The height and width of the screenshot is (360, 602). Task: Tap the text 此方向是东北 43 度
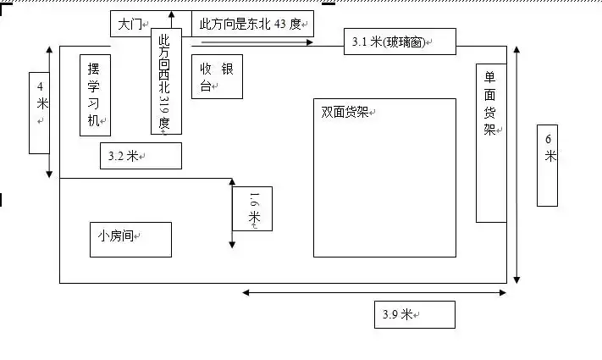(252, 24)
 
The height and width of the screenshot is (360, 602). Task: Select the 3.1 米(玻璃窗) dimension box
(400, 42)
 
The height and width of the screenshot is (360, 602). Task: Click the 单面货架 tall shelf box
(491, 142)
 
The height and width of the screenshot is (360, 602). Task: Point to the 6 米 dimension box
(548, 164)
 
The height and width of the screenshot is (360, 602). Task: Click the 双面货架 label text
(345, 112)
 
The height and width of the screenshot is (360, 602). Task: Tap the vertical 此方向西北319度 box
(166, 81)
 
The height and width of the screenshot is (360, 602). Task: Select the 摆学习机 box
(95, 94)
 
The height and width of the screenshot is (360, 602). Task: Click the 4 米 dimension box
(40, 113)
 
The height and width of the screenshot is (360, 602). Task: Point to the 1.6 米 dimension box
(252, 208)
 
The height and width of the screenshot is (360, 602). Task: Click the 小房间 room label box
(130, 239)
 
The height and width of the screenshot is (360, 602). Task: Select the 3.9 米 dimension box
(414, 314)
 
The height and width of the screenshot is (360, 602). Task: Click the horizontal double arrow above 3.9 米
(375, 292)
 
